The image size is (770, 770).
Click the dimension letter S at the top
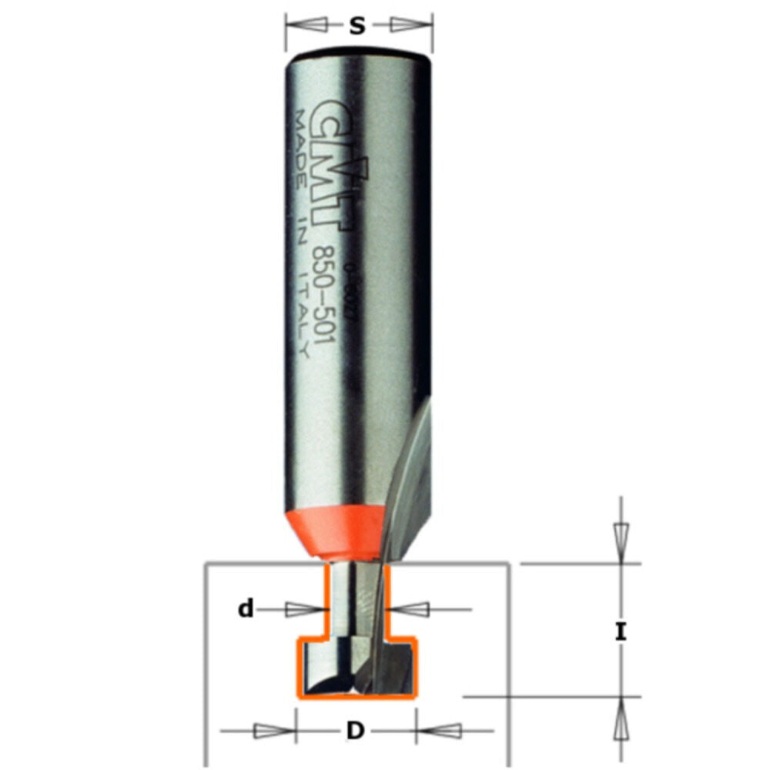pyautogui.click(x=357, y=26)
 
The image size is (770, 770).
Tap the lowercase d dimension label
pyautogui.click(x=246, y=610)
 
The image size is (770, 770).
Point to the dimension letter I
pyautogui.click(x=621, y=633)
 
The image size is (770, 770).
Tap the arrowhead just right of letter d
pyautogui.click(x=414, y=610)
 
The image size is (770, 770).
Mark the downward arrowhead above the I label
pyautogui.click(x=621, y=536)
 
